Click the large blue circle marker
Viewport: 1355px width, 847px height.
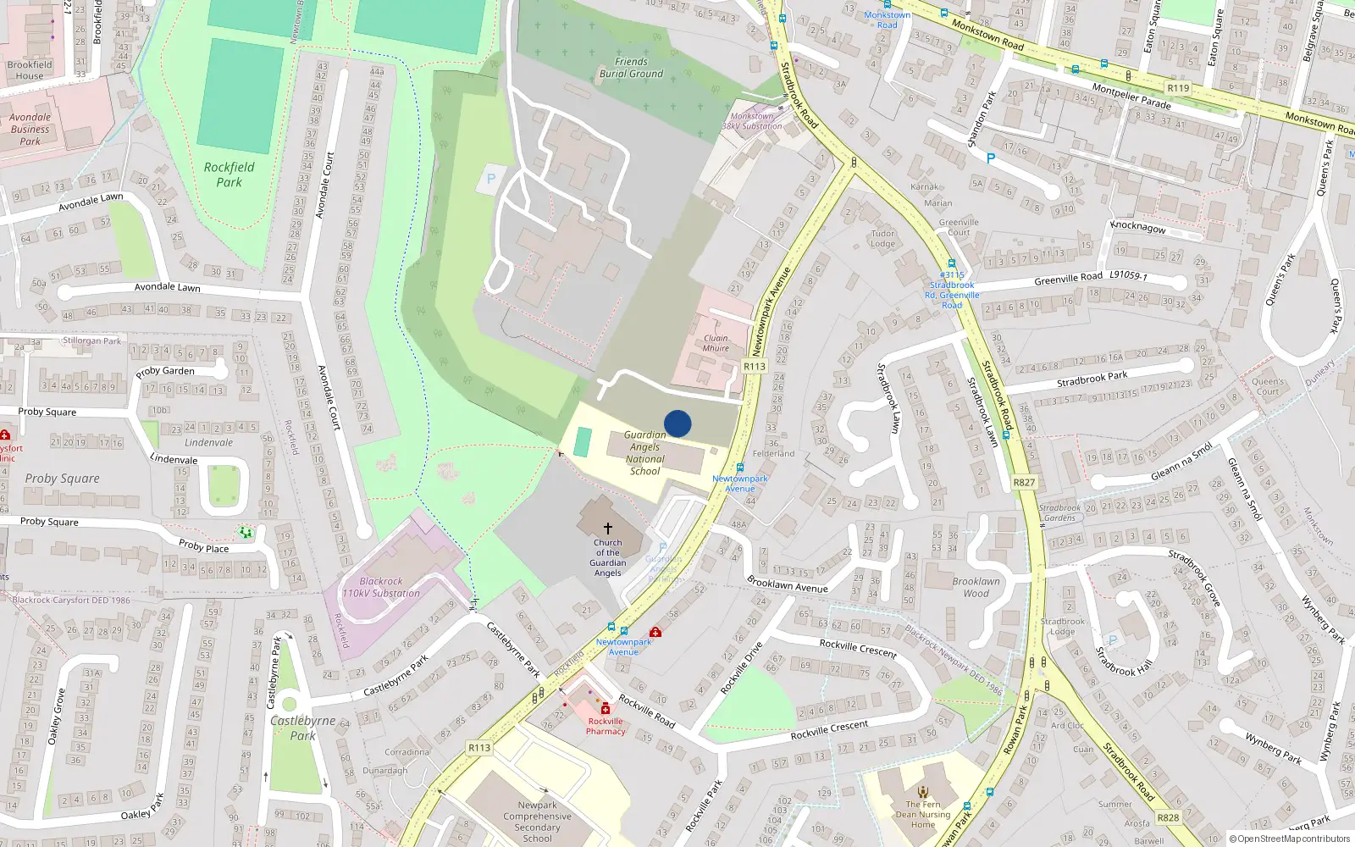[677, 423]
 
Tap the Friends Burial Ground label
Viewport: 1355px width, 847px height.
[631, 68]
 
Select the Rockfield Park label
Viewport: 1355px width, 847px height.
[229, 174]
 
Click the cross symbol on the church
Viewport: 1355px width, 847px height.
[607, 528]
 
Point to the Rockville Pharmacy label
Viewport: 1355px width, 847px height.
[606, 727]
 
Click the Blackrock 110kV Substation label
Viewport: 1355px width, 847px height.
[381, 588]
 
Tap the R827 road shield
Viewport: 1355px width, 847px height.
[1024, 482]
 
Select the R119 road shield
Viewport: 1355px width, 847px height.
[1178, 88]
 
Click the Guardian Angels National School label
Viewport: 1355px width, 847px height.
[645, 453]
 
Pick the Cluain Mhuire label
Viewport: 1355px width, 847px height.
[716, 343]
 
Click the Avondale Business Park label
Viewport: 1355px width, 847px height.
[30, 130]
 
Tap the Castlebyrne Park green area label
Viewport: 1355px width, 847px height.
[302, 728]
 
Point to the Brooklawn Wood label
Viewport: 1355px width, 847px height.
[976, 588]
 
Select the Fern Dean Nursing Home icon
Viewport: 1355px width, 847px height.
[923, 793]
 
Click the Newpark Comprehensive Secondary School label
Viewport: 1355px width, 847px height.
[537, 822]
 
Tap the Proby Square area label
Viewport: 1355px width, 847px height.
[62, 479]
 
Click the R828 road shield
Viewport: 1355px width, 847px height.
[1168, 817]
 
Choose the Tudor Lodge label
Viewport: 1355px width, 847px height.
[882, 239]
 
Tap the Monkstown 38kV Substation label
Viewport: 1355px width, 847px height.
[752, 121]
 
